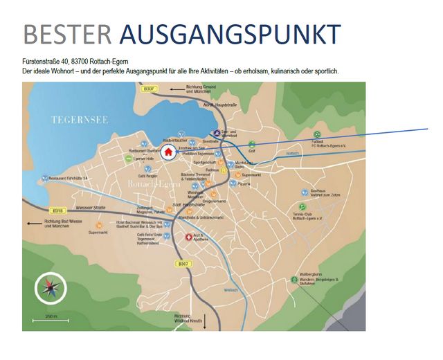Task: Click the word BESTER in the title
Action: [x=65, y=35]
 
